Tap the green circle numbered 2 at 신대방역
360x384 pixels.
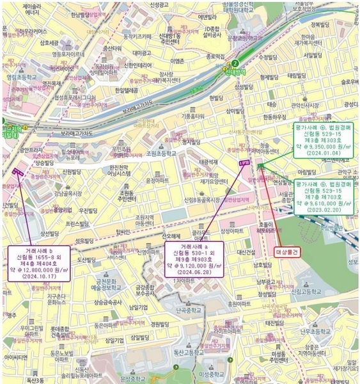235,63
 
